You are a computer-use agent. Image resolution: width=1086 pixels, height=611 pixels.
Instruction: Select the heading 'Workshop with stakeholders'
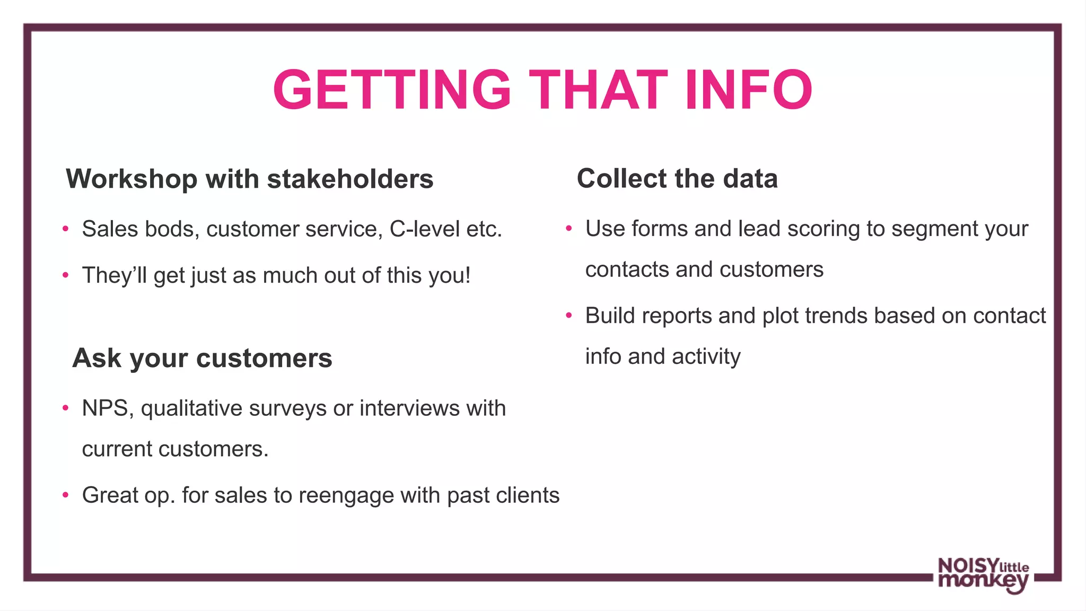click(249, 179)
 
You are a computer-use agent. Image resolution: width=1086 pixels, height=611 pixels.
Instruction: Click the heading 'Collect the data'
click(677, 178)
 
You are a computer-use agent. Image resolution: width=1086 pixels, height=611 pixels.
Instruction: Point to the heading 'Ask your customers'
click(202, 358)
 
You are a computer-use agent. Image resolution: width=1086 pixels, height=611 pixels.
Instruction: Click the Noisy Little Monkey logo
click(983, 575)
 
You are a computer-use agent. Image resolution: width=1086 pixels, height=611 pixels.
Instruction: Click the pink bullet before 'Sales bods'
click(65, 229)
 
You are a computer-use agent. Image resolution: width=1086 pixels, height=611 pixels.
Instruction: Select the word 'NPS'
click(104, 408)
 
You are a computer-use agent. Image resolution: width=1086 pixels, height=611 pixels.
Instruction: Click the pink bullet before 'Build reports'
click(568, 316)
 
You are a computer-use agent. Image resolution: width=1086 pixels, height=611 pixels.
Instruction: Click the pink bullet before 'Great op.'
click(65, 495)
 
